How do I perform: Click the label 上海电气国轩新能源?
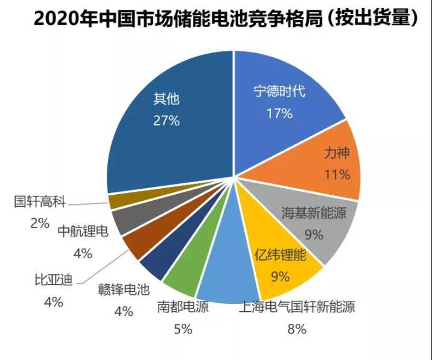coord(297,308)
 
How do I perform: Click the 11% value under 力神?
coord(337,175)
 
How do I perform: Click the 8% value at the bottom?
coord(297,329)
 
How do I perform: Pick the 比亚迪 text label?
coord(53,281)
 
